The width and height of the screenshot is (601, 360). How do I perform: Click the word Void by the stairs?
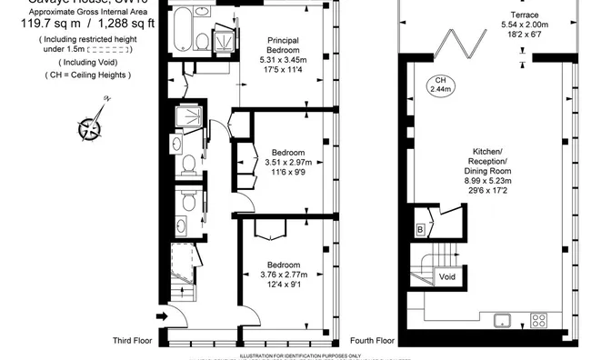[x=447, y=275]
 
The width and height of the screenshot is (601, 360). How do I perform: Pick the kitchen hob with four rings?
[x=539, y=320]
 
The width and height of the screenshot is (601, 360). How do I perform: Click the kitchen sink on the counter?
[x=500, y=320]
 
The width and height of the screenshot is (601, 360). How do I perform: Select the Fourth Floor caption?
[x=373, y=342]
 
